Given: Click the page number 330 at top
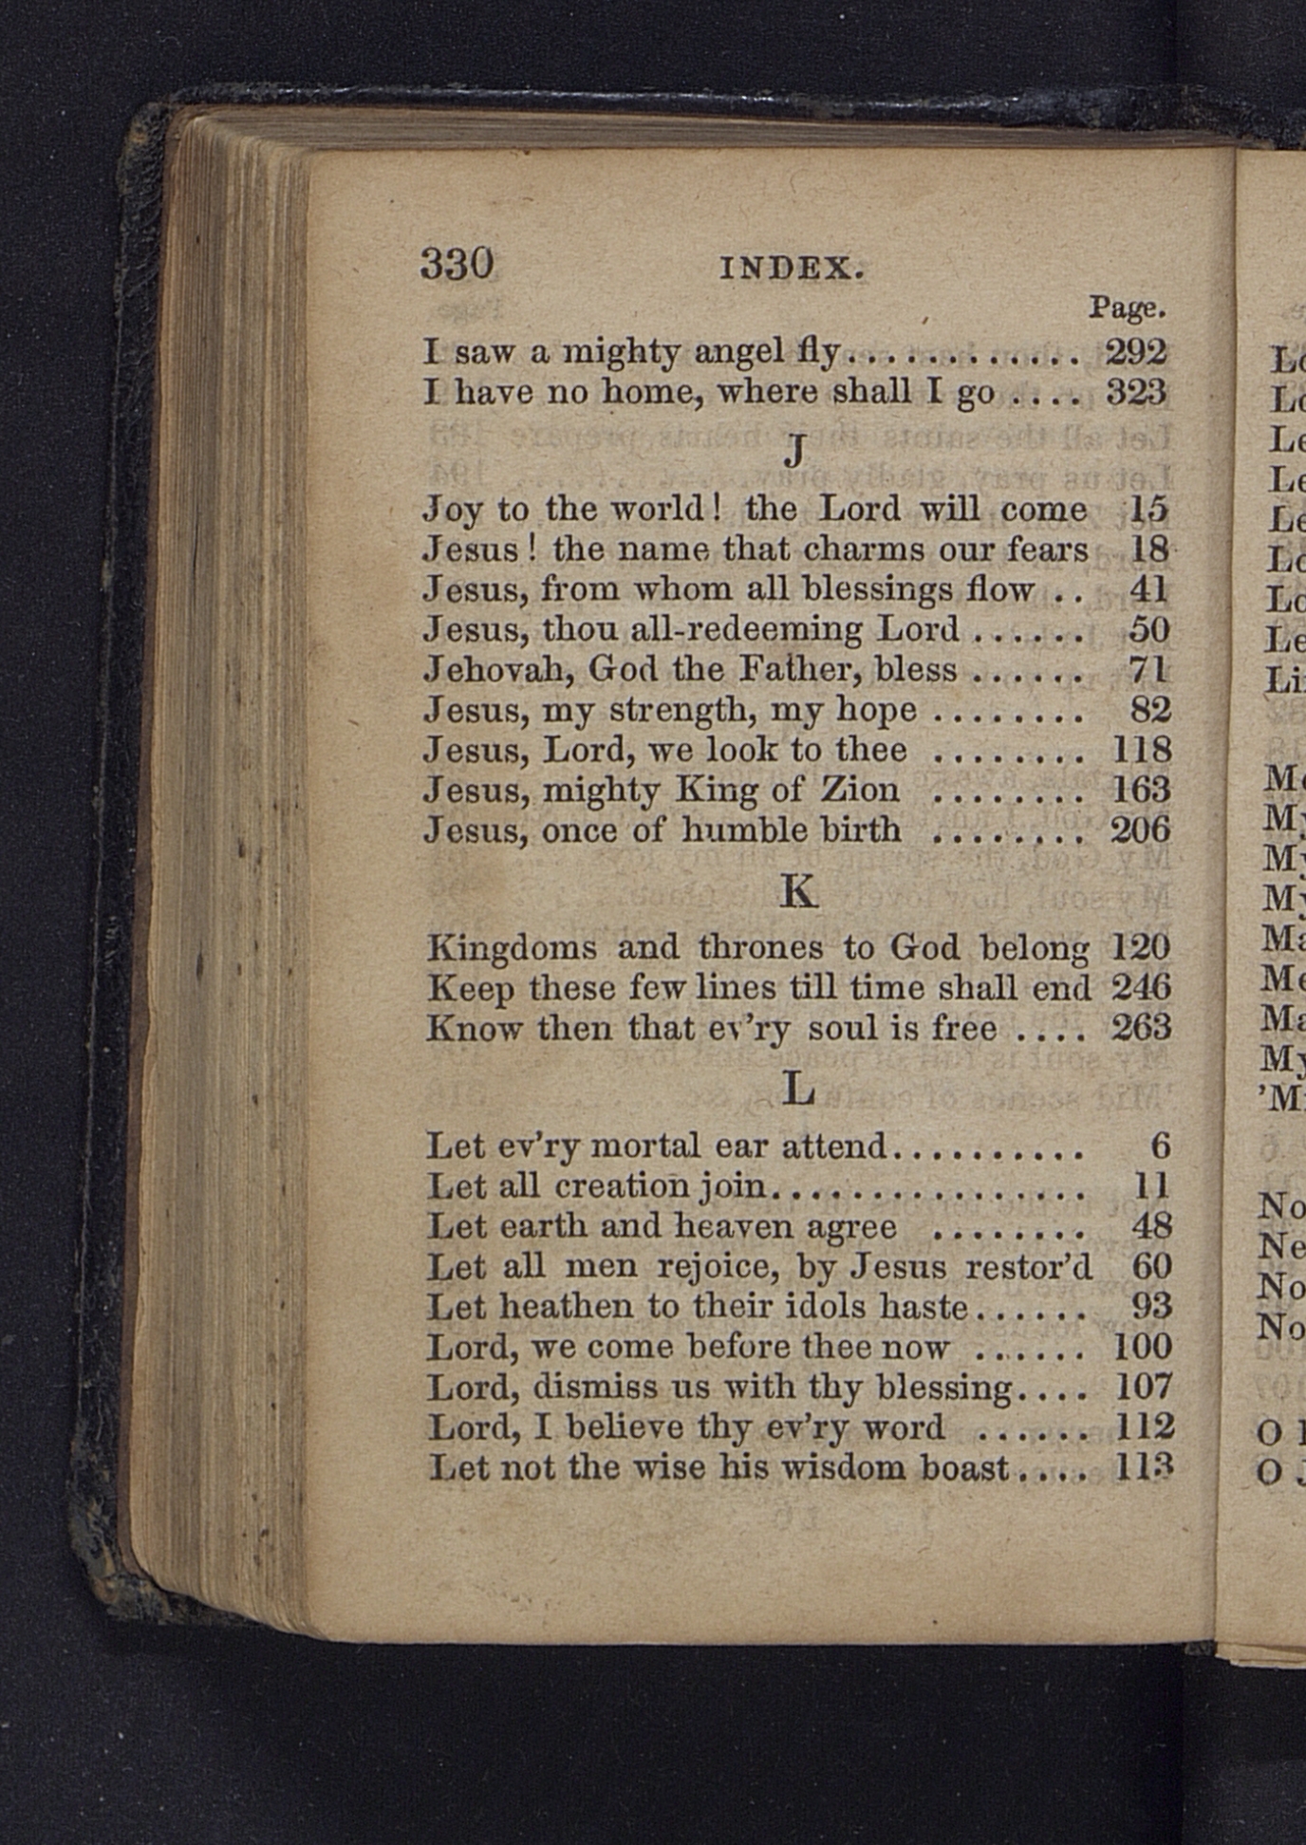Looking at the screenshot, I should point(457,263).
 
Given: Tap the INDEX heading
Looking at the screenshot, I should point(792,269).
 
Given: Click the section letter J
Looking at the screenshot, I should point(796,450).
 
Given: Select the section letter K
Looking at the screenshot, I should point(797,891).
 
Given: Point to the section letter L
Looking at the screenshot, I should point(797,1090).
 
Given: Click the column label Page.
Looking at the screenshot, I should point(1126,307).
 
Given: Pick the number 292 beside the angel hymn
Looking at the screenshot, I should point(1135,352).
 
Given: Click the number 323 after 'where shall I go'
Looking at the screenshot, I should point(1136,392).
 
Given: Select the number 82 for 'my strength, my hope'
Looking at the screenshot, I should point(1150,710).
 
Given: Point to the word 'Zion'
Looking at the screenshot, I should point(859,790).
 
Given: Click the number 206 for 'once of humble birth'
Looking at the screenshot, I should point(1140,830).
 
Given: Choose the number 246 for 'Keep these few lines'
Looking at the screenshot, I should point(1141,988).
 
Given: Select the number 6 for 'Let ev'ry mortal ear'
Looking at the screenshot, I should point(1160,1146).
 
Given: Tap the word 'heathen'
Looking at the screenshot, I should point(566,1307).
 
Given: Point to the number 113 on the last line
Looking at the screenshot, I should point(1144,1468).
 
